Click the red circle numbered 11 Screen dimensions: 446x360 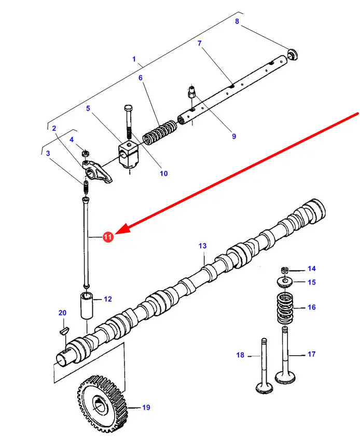107,237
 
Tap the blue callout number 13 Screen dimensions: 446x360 202,246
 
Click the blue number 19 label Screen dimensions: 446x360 146,408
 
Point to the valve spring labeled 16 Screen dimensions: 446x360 284,307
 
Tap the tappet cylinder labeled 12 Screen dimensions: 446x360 86,306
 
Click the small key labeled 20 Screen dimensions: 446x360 63,329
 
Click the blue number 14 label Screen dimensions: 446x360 311,268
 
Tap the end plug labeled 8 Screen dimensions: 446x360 293,53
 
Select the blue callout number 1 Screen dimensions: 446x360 134,59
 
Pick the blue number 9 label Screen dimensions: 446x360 233,137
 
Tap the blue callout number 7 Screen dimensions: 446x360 199,43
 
